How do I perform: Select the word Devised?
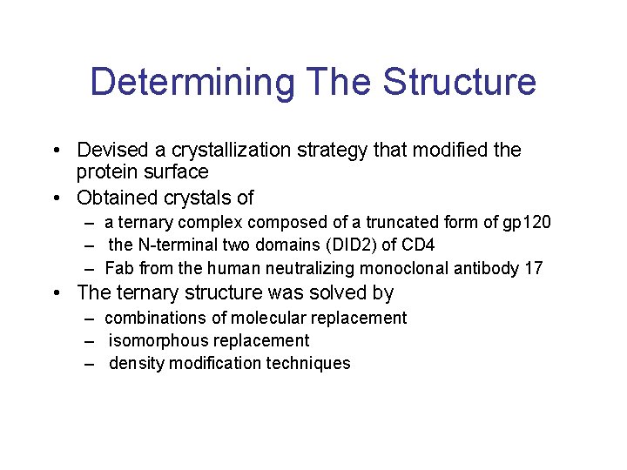[x=111, y=151]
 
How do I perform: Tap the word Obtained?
[x=117, y=198]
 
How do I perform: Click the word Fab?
[x=118, y=268]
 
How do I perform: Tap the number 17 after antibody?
[x=533, y=268]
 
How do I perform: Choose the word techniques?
[x=311, y=364]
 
